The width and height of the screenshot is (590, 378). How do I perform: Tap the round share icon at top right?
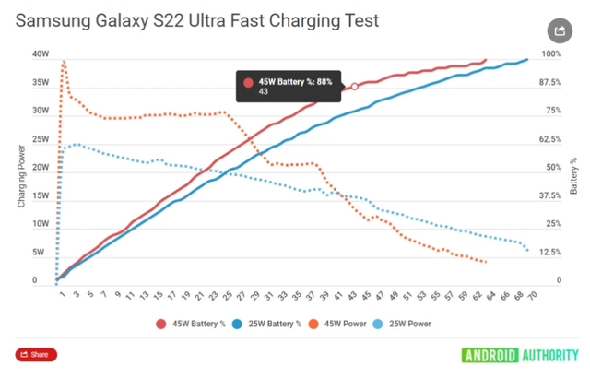coord(559,30)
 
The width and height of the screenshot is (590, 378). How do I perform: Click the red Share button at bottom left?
coord(36,354)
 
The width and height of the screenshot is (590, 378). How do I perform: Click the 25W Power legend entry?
coord(405,324)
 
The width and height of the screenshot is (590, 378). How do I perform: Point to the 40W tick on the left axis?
coord(40,53)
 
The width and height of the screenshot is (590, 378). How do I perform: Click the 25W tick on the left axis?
coord(40,138)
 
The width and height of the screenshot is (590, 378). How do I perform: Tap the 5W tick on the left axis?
coord(40,252)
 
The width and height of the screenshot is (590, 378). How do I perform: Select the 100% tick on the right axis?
coord(552,53)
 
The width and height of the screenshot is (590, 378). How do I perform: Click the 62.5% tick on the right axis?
coord(550,138)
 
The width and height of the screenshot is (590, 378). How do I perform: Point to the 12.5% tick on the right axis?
coord(550,252)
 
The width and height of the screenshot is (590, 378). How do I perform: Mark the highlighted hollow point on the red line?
coord(355,87)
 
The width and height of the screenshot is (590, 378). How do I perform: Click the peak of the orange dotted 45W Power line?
coord(64,62)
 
